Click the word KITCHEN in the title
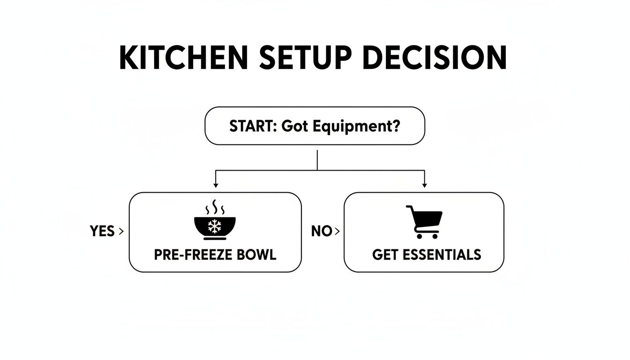(183, 58)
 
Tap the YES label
(102, 231)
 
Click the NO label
(322, 231)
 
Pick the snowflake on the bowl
(215, 227)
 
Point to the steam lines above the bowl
(215, 207)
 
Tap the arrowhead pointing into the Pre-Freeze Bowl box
(215, 186)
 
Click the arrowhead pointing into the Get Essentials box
(424, 186)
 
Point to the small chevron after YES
(122, 231)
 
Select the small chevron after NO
(337, 231)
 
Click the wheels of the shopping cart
(427, 236)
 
